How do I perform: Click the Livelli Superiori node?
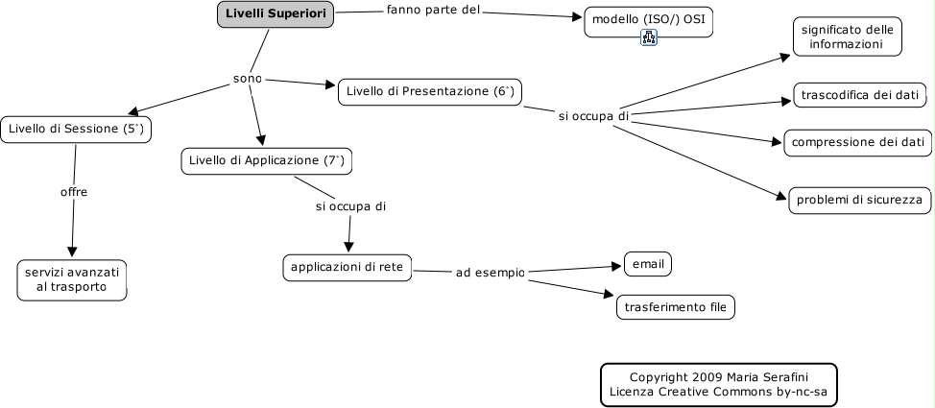(275, 14)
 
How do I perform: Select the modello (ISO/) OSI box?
(648, 22)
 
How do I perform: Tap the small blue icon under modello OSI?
(649, 37)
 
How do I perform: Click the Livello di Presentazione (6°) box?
(430, 92)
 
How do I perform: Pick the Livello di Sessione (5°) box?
(76, 130)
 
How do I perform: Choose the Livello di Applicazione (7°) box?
(267, 161)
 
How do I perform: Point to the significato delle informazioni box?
(847, 36)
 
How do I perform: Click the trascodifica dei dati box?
(859, 95)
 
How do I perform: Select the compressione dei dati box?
(857, 143)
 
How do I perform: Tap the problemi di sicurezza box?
(860, 200)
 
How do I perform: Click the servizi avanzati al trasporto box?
(72, 279)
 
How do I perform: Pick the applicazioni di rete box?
(348, 267)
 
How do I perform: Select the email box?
(648, 264)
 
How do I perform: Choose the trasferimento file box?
(675, 307)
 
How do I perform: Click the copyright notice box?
(719, 385)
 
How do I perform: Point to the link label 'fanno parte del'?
(434, 11)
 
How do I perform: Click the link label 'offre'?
(74, 192)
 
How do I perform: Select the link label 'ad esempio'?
(491, 273)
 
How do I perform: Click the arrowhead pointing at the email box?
(617, 266)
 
